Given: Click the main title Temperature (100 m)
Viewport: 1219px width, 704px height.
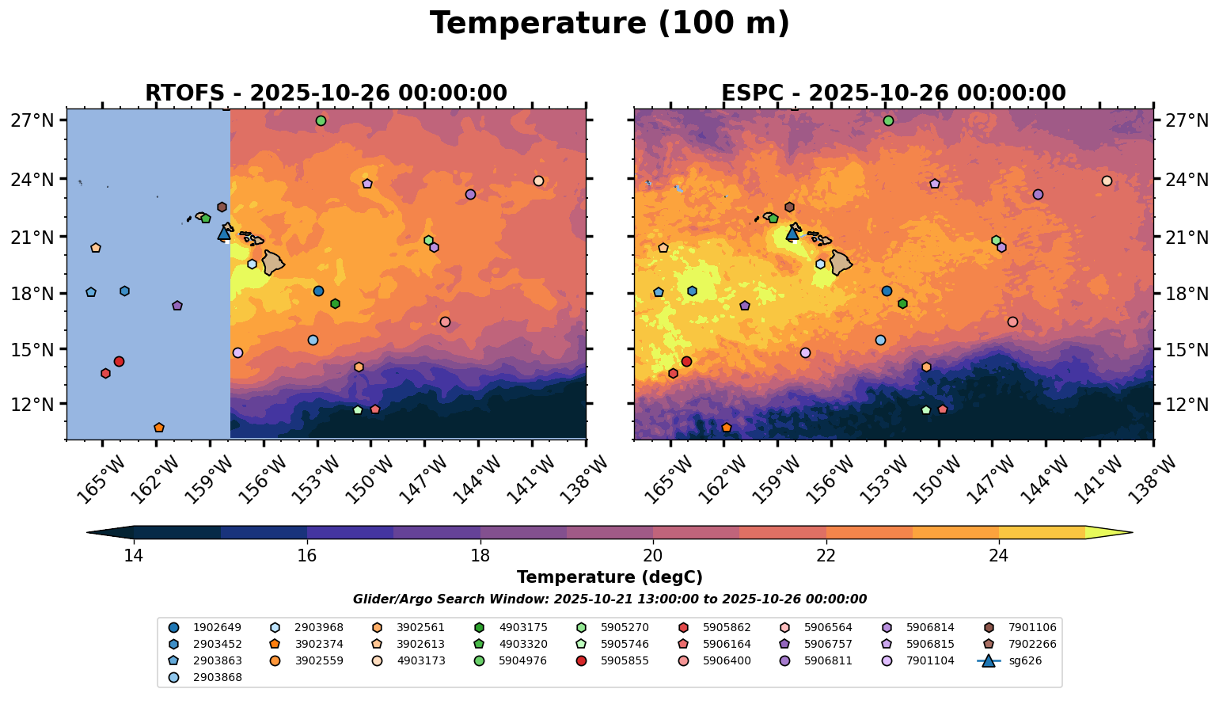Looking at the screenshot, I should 609,24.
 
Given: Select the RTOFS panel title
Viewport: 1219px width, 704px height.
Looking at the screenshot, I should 325,93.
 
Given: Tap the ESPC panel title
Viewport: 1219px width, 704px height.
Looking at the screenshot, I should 893,93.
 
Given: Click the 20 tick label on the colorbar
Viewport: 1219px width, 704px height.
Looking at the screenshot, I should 653,556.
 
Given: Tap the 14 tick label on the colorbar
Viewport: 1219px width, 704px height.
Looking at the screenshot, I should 134,556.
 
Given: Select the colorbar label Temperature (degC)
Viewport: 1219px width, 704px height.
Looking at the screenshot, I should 609,578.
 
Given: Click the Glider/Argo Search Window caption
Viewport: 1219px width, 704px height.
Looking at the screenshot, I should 609,599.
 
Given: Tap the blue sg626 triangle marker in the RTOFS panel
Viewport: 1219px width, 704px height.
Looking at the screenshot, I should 224,233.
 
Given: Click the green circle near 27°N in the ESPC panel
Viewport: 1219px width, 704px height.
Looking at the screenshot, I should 888,121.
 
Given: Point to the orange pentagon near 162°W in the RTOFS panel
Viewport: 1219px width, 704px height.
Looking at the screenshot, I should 159,428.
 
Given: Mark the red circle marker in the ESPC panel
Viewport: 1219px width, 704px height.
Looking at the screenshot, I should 686,362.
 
